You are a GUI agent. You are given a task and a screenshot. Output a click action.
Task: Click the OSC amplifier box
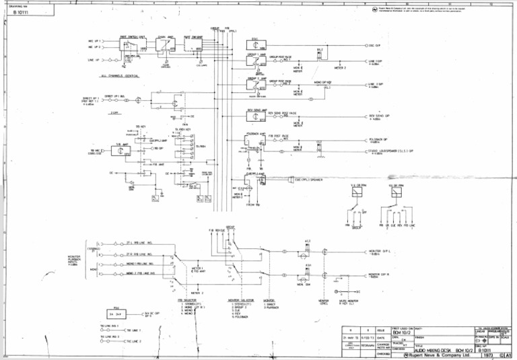[x=255, y=44]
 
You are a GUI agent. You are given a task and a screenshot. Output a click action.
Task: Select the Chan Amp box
[x=165, y=45]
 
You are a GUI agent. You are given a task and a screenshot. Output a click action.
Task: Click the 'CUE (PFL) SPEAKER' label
[x=308, y=180]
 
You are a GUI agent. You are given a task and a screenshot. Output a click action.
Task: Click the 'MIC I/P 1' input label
[x=94, y=41]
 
